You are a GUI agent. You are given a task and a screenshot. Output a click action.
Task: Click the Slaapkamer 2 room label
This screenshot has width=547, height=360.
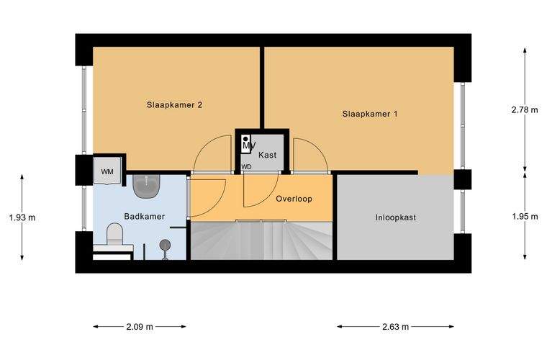(174, 105)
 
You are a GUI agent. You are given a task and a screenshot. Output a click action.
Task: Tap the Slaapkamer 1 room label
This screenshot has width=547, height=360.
(370, 114)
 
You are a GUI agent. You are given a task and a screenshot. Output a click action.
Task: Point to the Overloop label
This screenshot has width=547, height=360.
(294, 199)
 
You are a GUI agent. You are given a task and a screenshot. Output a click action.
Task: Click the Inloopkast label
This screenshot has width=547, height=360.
(396, 217)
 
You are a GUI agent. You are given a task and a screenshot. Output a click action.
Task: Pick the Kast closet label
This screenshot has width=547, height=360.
(267, 155)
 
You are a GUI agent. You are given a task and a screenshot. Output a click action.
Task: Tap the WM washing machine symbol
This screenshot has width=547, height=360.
(107, 171)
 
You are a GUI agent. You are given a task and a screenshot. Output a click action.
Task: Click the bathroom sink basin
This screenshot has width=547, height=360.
(147, 186)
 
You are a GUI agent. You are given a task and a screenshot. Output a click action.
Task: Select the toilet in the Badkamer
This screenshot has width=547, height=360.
(114, 234)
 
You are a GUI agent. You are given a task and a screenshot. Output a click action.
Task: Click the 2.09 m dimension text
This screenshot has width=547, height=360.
(140, 327)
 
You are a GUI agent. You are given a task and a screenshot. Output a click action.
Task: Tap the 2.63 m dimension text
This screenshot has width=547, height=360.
(395, 327)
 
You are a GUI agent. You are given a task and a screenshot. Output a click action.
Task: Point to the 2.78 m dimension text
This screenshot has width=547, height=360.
(525, 110)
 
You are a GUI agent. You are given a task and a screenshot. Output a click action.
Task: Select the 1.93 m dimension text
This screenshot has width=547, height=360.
(22, 217)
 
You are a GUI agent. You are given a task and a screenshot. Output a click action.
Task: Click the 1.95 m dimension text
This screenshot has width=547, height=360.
(525, 217)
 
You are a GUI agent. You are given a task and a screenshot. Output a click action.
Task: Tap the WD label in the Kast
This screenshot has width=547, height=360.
(246, 167)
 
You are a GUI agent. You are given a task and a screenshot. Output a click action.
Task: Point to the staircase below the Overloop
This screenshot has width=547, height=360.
(261, 240)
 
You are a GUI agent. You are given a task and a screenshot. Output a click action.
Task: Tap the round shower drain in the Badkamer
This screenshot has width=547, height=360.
(165, 246)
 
